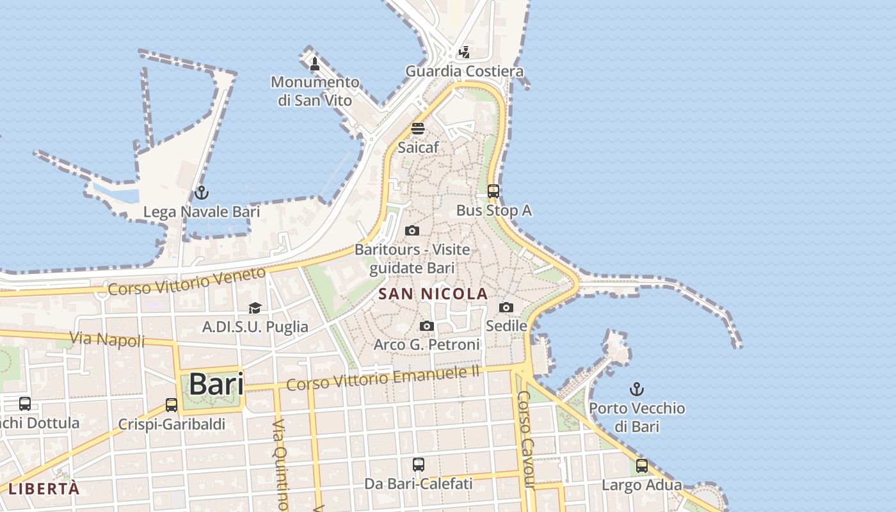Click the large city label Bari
coord(216,385)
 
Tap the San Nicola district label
coord(433,294)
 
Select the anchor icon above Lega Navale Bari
coord(202,192)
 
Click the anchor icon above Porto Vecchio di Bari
coord(637,388)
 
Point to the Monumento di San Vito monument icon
coord(314,63)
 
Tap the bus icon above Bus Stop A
coord(493,191)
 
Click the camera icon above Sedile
coord(506,307)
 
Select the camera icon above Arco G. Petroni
coord(427,326)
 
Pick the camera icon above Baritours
coord(412,230)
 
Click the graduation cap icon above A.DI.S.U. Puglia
coord(255,308)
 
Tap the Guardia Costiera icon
coord(464,52)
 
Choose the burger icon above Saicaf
coord(418,128)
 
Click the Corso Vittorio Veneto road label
coord(186,282)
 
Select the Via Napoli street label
coord(107,339)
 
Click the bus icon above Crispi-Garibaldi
coord(172,404)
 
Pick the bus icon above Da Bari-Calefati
coord(419,465)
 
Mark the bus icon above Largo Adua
coord(641,466)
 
